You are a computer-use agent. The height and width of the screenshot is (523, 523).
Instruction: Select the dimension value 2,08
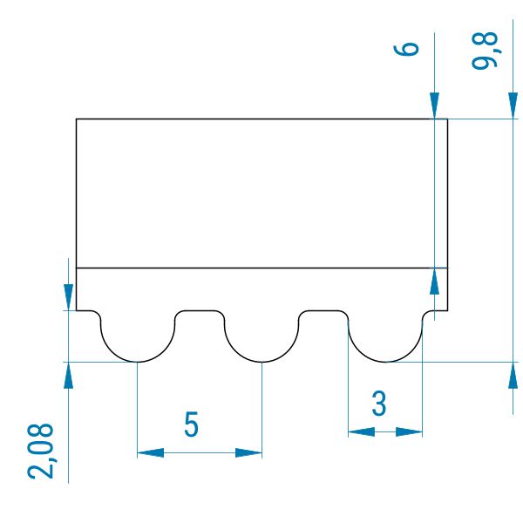point(41,451)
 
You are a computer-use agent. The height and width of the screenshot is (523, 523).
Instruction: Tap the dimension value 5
point(192,425)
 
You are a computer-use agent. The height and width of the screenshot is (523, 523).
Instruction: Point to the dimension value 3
point(379,404)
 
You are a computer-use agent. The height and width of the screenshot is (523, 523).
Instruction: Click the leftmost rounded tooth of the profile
point(138,340)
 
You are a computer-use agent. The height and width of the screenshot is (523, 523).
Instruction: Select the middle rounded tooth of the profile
point(261,340)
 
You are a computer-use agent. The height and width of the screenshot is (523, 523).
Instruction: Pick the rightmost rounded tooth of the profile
point(385,340)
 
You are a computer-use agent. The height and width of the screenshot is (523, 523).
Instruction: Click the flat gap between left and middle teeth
point(200,311)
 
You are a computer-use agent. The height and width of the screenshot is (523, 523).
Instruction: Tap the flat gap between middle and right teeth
point(323,311)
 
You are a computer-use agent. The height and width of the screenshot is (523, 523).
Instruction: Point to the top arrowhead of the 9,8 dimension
point(512,106)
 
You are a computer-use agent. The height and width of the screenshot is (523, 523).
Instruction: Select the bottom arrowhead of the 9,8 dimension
point(512,374)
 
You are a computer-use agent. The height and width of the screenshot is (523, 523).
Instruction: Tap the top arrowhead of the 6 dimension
point(434,106)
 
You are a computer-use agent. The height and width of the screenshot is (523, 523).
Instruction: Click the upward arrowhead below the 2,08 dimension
point(68,374)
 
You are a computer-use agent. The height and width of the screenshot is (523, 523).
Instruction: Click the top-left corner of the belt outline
point(77,119)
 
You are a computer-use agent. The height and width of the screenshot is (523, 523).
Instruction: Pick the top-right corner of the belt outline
point(447,119)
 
